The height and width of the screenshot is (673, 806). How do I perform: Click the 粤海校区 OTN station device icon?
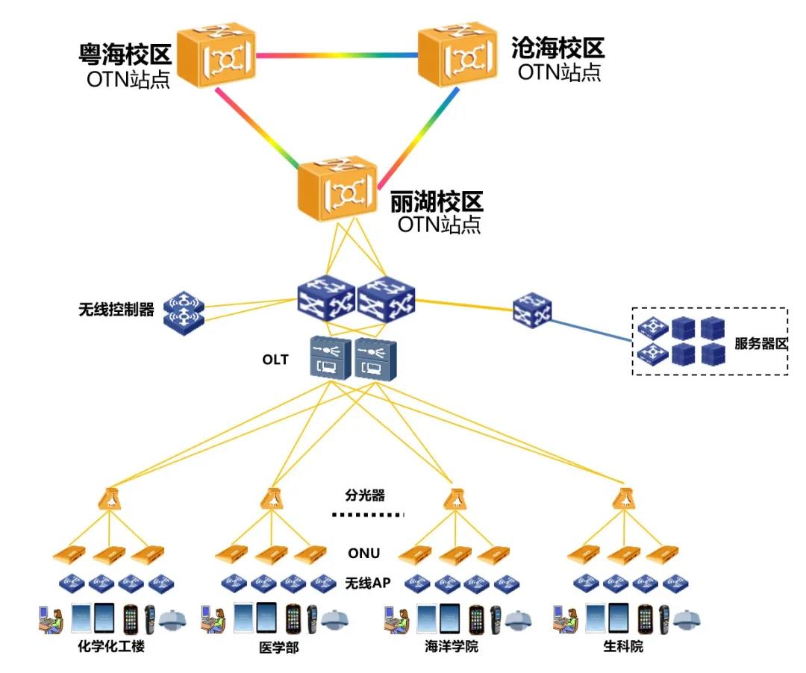(x=216, y=54)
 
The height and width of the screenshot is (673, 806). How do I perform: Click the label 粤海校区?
(x=125, y=54)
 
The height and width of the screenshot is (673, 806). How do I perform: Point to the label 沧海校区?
(x=558, y=48)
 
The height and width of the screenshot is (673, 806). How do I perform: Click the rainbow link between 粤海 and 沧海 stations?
(x=337, y=55)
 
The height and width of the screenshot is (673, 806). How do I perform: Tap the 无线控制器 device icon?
(x=184, y=313)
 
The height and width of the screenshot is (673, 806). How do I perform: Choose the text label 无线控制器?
(x=116, y=310)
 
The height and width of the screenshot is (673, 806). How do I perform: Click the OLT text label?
(x=275, y=360)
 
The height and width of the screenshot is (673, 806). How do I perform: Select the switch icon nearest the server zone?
(x=533, y=310)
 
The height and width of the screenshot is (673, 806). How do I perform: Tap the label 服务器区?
(x=760, y=344)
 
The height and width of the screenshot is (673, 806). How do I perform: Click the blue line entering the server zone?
(x=592, y=330)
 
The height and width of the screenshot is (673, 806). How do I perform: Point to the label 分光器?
(x=365, y=495)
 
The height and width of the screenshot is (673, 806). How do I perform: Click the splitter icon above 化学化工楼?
(x=110, y=498)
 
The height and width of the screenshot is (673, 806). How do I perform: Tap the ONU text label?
(x=364, y=554)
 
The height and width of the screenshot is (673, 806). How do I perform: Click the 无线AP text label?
(x=367, y=583)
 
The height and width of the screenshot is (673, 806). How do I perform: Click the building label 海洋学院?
(x=452, y=646)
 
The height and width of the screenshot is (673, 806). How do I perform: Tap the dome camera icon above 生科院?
(x=687, y=619)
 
